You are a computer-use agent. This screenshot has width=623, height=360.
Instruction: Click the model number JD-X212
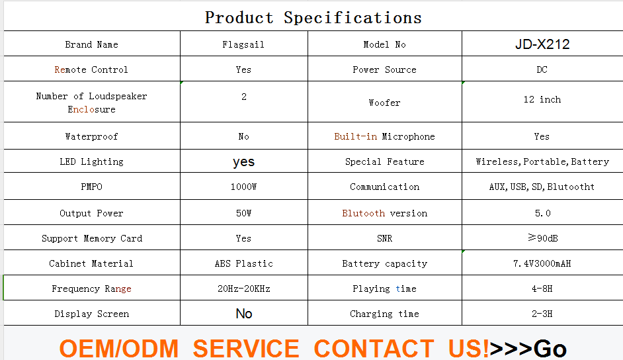542,44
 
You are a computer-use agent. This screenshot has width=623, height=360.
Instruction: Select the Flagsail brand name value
243,44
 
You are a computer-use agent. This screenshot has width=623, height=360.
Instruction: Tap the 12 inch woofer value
542,99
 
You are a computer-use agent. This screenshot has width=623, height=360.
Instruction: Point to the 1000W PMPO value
243,187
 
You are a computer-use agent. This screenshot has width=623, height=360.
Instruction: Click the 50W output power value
243,213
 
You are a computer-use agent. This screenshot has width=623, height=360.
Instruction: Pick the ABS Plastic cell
243,263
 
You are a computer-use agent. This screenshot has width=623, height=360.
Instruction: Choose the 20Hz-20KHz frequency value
243,289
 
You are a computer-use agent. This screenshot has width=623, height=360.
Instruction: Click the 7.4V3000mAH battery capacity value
542,263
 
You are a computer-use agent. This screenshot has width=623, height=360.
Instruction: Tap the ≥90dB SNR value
542,238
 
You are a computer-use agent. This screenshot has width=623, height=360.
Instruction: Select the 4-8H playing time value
542,289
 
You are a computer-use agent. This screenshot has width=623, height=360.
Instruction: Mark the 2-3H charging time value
542,314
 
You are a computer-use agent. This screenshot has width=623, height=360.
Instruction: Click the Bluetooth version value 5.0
542,213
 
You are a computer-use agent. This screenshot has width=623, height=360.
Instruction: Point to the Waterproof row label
91,137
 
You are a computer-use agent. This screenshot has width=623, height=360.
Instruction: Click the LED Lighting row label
91,161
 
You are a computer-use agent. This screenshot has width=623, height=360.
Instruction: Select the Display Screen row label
91,314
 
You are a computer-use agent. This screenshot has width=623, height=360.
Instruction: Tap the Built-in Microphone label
384,137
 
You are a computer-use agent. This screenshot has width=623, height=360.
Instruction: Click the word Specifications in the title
353,17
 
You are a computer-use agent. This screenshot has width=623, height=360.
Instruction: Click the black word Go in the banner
550,349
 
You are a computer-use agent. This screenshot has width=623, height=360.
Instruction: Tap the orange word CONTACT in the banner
374,349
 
